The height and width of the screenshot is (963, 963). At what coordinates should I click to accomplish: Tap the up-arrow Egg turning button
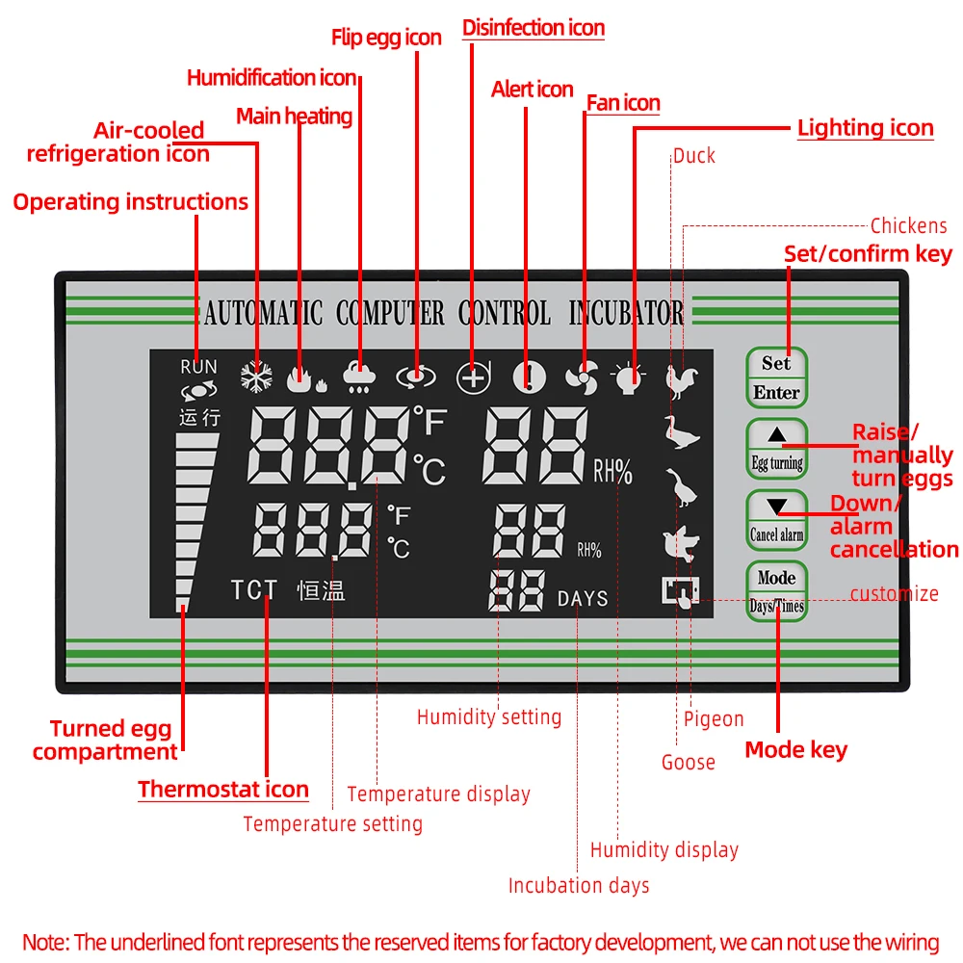[x=776, y=448]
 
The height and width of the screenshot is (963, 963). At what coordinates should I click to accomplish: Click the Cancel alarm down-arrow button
[x=776, y=520]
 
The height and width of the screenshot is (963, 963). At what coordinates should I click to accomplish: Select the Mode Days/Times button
[x=776, y=591]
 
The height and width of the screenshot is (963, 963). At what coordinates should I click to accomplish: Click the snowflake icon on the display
[x=257, y=377]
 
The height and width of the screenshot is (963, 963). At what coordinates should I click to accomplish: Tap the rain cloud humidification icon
[x=359, y=378]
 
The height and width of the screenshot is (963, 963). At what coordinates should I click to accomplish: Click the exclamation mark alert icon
[x=529, y=377]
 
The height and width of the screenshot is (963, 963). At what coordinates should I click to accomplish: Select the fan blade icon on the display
[x=583, y=378]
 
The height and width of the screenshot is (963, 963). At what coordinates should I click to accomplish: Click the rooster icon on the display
[x=683, y=380]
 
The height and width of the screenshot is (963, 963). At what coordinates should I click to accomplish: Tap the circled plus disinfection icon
[x=473, y=377]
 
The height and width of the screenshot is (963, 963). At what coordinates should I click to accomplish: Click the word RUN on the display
[x=198, y=367]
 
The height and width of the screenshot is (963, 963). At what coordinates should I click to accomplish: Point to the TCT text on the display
[x=253, y=590]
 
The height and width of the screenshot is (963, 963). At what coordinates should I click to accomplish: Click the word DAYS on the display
[x=583, y=599]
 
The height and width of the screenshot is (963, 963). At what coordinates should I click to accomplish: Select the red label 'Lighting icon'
[x=865, y=128]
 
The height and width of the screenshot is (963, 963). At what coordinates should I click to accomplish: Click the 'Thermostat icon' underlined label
[x=222, y=790]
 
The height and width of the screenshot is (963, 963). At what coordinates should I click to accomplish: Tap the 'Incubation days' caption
[x=579, y=885]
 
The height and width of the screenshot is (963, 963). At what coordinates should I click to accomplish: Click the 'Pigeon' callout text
[x=714, y=718]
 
